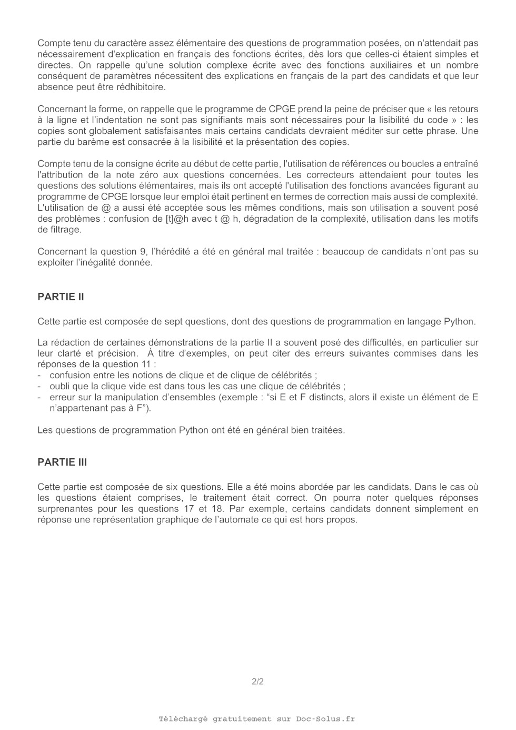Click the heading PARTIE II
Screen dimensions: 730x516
(x=61, y=297)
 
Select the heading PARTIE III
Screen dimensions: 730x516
(x=62, y=462)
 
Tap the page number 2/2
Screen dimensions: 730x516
(x=257, y=682)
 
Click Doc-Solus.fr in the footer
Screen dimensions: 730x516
(x=325, y=719)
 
